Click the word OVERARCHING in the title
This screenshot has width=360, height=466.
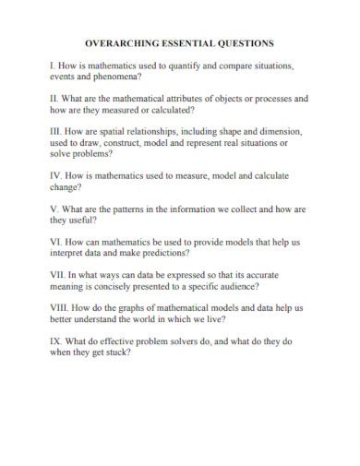point(123,43)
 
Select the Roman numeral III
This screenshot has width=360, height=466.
point(52,131)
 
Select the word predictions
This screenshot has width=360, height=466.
point(161,255)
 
